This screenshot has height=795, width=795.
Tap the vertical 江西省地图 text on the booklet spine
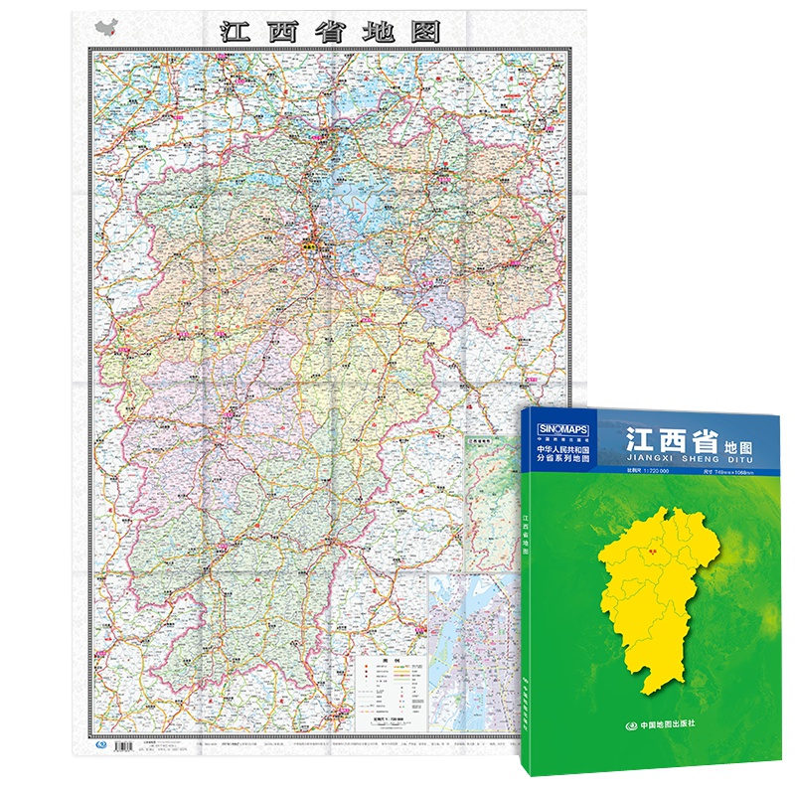tap(524, 537)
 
